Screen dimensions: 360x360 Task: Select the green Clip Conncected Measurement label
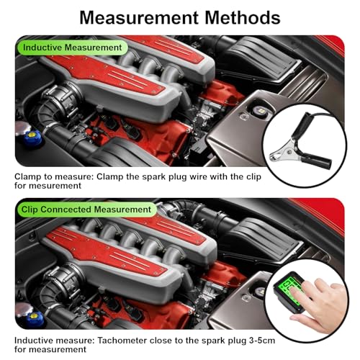(x=85, y=210)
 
